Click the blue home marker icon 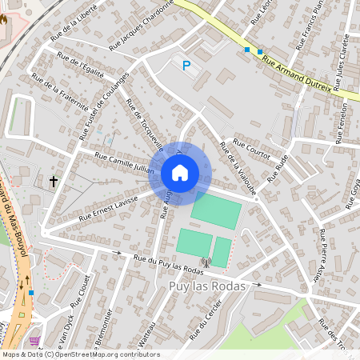pyautogui.click(x=180, y=173)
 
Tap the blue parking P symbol pyautogui.click(x=186, y=66)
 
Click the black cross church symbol pyautogui.click(x=54, y=182)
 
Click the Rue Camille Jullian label pyautogui.click(x=124, y=162)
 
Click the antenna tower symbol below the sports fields pyautogui.click(x=204, y=261)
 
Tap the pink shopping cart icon pyautogui.click(x=34, y=340)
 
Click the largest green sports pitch pyautogui.click(x=215, y=210)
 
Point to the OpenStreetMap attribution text pyautogui.click(x=80, y=354)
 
